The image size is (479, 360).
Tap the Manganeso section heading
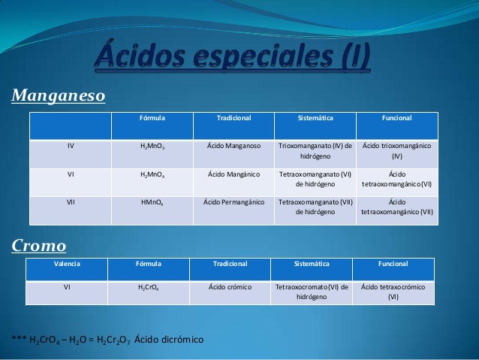(58, 96)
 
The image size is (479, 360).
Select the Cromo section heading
(38, 246)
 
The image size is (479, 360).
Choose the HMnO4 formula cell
(152, 202)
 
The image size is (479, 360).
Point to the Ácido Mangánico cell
(233, 174)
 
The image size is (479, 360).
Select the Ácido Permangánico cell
(233, 201)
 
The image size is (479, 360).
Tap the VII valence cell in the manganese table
(70, 201)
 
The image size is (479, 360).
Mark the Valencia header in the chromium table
(67, 265)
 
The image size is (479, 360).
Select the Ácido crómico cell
(230, 287)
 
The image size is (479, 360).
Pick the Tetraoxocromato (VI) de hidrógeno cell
(312, 292)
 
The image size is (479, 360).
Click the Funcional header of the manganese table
(396, 118)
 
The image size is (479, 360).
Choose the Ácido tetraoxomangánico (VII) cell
(396, 207)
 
